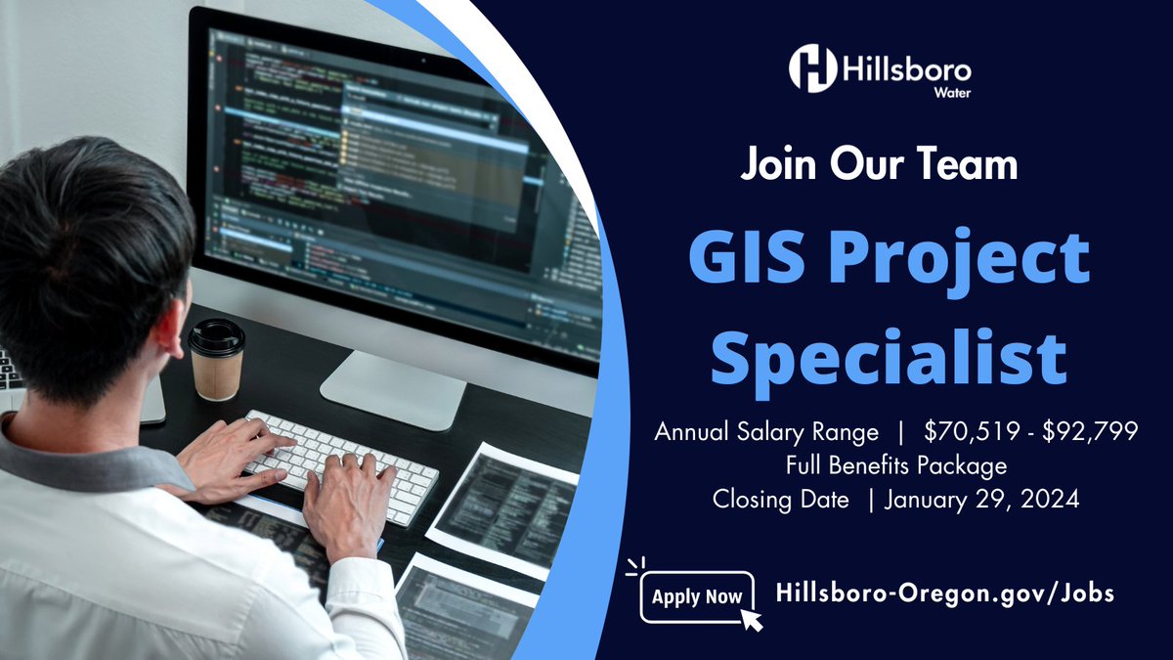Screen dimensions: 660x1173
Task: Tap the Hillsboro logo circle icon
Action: point(813,68)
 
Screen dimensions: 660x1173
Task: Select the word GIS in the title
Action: point(756,259)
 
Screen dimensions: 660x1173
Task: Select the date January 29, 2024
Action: point(981,499)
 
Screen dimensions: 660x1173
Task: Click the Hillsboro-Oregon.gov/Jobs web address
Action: point(944,593)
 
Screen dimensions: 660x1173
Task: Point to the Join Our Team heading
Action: point(879,163)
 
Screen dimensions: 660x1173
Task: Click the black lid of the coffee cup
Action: point(216,336)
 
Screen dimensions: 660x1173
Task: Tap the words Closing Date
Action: point(780,499)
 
